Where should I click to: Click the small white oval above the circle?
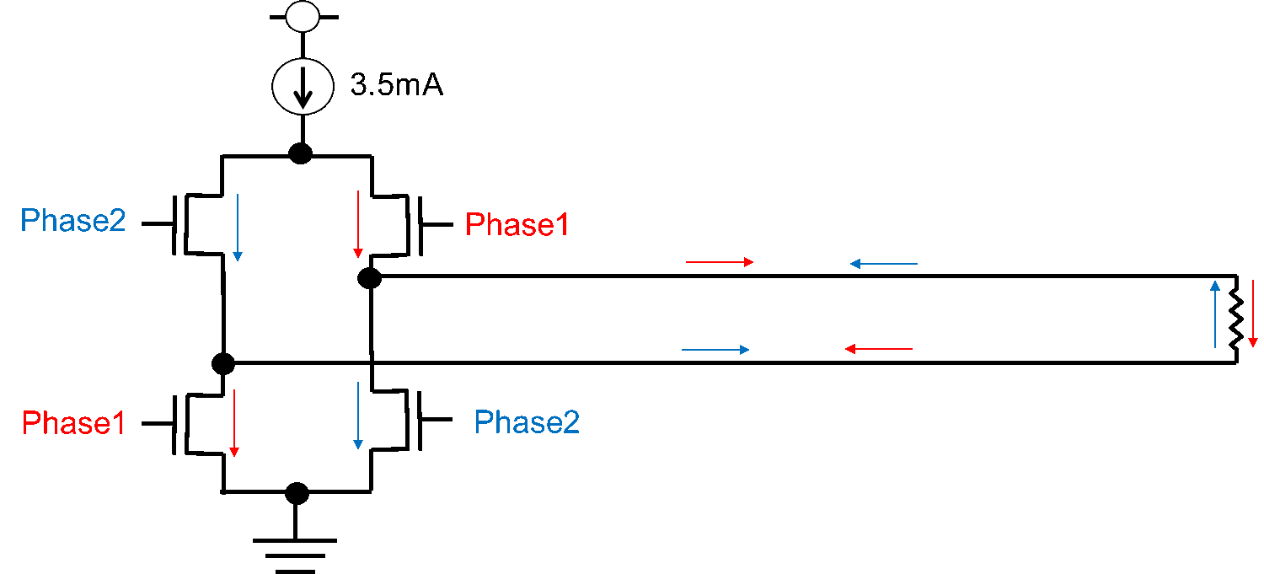tap(303, 17)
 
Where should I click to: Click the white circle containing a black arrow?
tap(303, 86)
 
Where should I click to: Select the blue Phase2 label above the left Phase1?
tap(72, 221)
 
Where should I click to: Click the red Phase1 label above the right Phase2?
tap(517, 225)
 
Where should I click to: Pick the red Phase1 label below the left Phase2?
tap(73, 423)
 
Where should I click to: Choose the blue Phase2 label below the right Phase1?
tap(527, 421)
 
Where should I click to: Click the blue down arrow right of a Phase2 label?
tap(238, 227)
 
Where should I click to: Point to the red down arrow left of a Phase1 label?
tap(358, 223)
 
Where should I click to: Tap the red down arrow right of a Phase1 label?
tap(234, 423)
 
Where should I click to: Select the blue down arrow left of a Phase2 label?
tap(358, 415)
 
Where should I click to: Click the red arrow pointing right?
tap(719, 262)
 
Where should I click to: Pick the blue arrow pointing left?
tap(883, 264)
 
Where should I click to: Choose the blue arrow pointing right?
tap(715, 350)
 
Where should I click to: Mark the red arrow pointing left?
tap(878, 349)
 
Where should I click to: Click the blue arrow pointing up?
tap(1215, 314)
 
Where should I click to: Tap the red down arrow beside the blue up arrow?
tap(1253, 314)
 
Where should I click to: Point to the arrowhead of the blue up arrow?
tap(1215, 285)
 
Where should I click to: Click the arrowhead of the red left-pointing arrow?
tap(850, 349)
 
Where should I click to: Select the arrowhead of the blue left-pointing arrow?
tap(854, 264)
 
